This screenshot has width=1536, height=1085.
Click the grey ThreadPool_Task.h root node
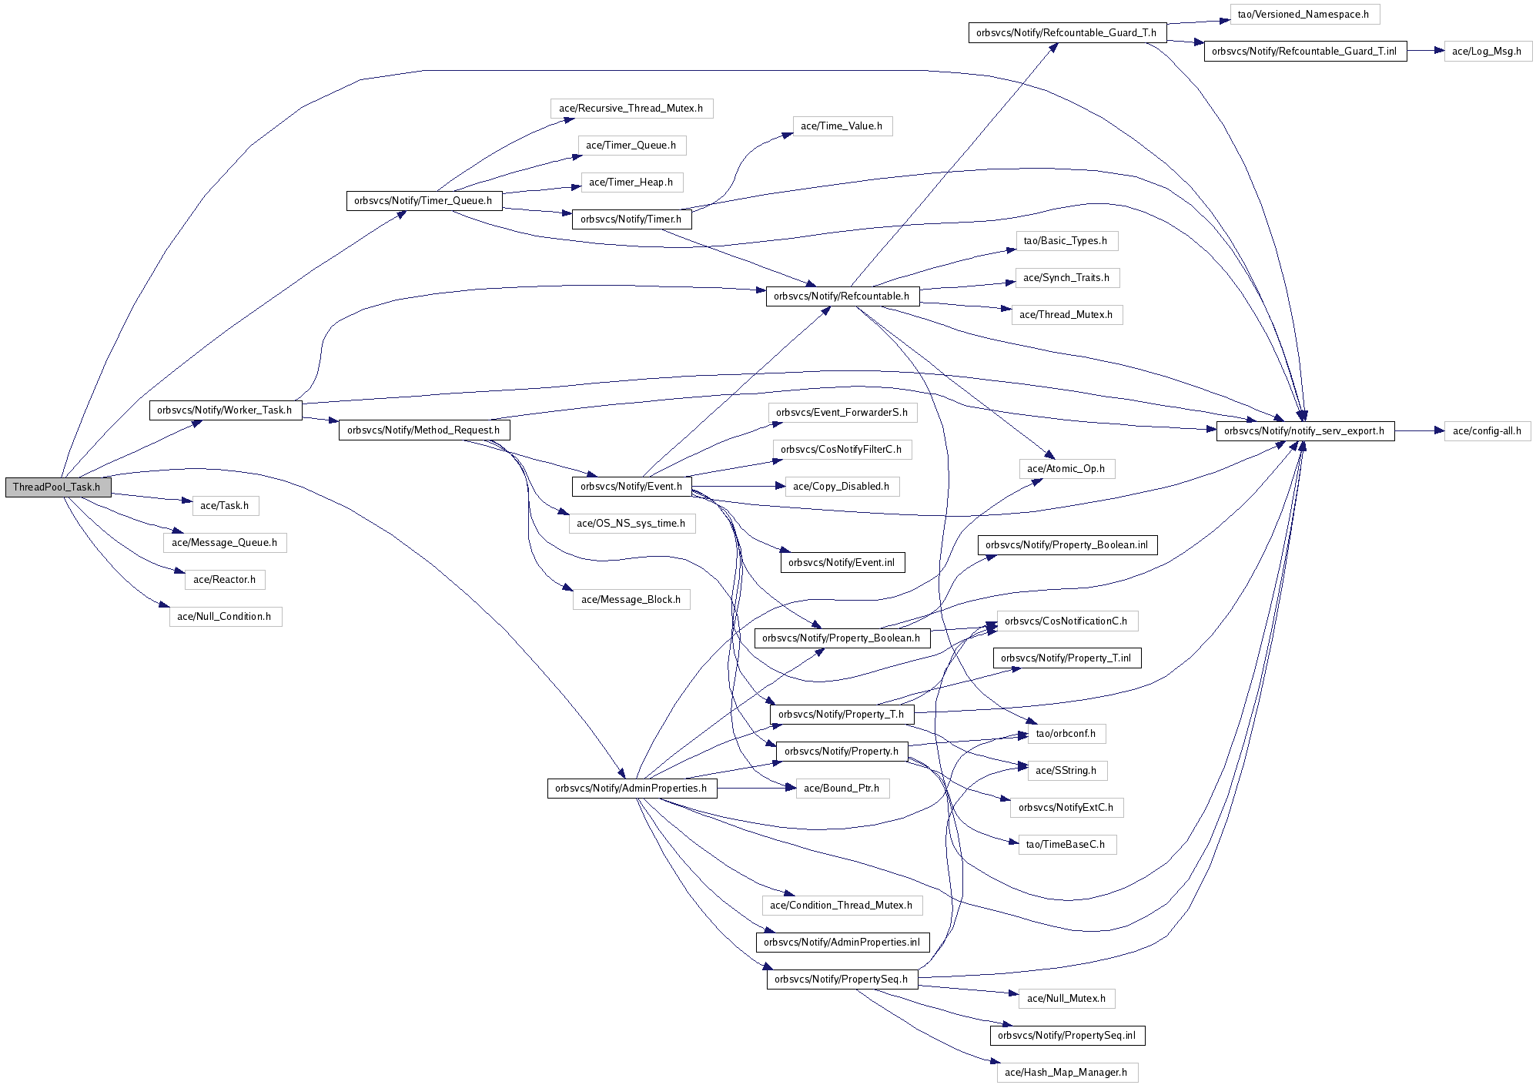click(x=58, y=487)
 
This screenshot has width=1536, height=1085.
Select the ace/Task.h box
click(x=225, y=506)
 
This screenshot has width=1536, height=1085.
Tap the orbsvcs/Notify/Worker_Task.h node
click(x=225, y=410)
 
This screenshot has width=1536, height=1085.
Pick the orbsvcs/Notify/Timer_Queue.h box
click(x=423, y=201)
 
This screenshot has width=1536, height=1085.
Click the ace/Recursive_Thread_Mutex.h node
click(x=631, y=109)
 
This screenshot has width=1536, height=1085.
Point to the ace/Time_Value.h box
click(x=842, y=126)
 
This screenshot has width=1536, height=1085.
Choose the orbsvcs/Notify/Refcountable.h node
click(x=842, y=296)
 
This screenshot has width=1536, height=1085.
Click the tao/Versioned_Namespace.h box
click(x=1303, y=15)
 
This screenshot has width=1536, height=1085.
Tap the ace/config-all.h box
click(x=1487, y=431)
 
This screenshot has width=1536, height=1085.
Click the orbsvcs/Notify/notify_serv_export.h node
click(x=1304, y=431)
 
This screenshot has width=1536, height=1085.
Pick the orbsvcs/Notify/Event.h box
click(x=631, y=487)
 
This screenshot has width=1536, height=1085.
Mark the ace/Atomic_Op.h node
click(x=1066, y=469)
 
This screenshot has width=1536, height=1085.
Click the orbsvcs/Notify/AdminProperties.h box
click(x=631, y=789)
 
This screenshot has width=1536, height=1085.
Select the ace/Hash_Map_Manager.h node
click(x=1066, y=1073)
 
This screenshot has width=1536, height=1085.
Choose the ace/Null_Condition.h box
click(x=225, y=617)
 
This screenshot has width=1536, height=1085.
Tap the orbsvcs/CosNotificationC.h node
click(x=1066, y=621)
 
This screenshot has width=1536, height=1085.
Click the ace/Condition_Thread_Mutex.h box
click(x=842, y=906)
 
